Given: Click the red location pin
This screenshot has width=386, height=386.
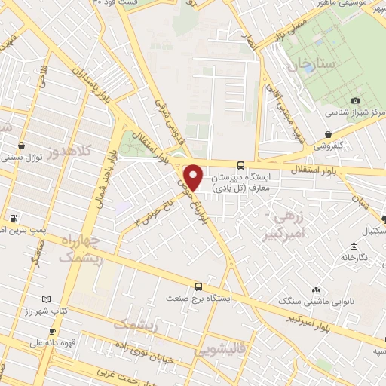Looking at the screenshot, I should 194,177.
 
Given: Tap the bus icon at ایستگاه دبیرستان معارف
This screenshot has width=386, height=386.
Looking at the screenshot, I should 240,164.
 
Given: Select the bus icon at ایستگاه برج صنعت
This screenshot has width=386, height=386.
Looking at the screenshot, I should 198,286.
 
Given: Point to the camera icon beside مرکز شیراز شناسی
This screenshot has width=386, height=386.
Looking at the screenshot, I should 355,100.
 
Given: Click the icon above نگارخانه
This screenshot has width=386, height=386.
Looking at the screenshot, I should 353,247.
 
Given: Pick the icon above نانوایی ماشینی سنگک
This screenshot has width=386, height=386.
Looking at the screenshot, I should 316,289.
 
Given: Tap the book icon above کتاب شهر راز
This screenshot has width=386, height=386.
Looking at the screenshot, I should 48,299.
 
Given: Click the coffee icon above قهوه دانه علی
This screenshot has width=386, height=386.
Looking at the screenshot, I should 52,331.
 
